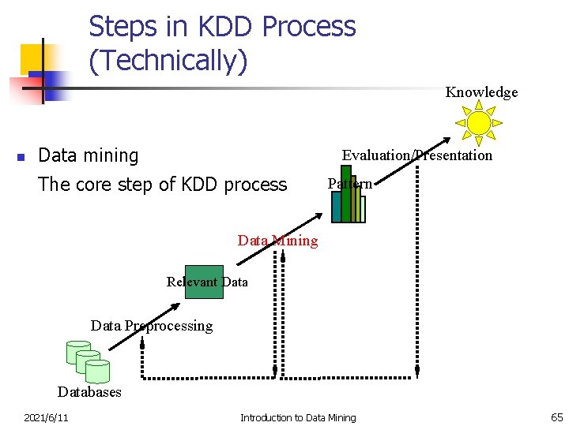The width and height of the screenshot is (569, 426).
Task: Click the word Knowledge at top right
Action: point(481,92)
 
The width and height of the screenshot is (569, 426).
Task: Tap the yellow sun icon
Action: point(479,123)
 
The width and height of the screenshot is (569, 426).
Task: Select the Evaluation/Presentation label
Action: point(416,155)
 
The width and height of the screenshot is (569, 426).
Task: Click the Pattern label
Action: point(350,184)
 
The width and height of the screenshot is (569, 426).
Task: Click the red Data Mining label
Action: point(277,241)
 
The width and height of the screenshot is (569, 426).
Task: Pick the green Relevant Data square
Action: point(204,282)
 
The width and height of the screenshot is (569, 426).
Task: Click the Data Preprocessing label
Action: point(152,326)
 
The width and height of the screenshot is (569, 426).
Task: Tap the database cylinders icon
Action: point(88,361)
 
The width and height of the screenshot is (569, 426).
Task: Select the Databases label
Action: point(89,392)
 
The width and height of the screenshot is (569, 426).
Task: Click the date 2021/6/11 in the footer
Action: point(46,417)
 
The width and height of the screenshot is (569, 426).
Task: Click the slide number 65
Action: point(556,417)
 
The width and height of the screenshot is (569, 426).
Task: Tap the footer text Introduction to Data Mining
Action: point(298,417)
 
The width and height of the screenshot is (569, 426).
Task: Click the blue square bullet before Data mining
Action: point(21,156)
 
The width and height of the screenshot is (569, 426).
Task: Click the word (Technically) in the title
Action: point(168,61)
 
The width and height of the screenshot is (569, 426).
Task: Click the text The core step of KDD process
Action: point(162,185)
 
